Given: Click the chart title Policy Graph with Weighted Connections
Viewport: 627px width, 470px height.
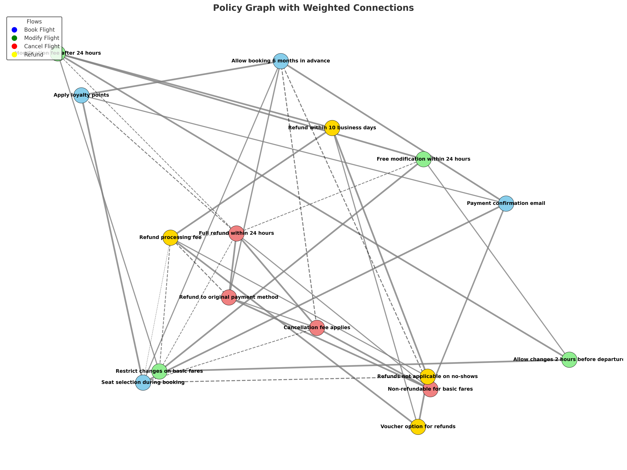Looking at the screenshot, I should (313, 8).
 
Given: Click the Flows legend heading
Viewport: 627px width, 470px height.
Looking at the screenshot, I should (34, 22).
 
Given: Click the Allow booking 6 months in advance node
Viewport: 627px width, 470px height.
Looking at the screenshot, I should (281, 61).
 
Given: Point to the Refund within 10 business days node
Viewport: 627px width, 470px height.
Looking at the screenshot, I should (332, 128).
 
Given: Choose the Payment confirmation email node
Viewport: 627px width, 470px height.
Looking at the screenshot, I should (506, 204).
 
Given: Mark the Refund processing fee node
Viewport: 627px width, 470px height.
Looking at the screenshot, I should (170, 238).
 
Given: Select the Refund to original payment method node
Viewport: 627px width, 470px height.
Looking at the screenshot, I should (229, 297).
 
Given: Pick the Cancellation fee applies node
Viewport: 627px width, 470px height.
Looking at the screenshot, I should (317, 328).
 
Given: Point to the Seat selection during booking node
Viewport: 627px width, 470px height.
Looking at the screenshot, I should (143, 383).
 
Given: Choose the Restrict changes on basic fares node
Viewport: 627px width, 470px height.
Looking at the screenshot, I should (159, 371).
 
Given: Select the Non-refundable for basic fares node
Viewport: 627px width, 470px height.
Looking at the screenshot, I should (430, 389).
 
